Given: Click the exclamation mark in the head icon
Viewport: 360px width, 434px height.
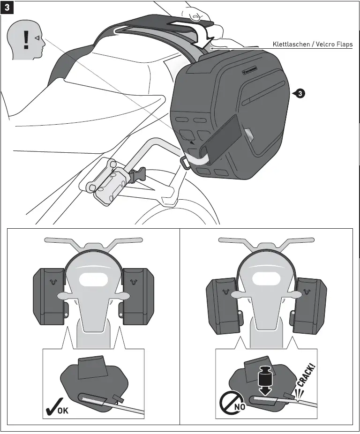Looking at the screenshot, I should coord(26,40).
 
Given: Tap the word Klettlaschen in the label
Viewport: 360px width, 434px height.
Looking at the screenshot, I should coord(291,45).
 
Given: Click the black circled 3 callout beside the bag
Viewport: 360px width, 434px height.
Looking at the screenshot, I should coord(299,94).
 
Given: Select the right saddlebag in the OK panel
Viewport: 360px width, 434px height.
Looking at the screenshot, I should coord(138,296).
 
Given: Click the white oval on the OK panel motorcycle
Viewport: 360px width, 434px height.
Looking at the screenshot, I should coord(93,280).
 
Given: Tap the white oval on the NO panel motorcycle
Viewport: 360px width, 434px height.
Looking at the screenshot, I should coord(266,280).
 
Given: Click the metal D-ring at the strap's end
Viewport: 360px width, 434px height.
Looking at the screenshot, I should coord(186,162).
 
